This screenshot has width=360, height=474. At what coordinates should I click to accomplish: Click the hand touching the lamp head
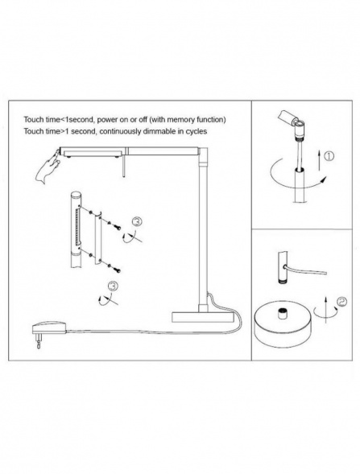tap(48, 167)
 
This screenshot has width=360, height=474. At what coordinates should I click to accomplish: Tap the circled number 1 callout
tap(329, 156)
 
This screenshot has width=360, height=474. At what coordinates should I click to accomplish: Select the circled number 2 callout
tap(342, 302)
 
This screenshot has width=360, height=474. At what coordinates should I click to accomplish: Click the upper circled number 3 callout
tap(137, 222)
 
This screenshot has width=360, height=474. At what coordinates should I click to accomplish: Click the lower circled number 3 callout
tap(113, 286)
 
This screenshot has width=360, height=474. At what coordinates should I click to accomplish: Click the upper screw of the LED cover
tap(117, 226)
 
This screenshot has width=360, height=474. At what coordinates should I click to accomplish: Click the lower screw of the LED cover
tap(117, 269)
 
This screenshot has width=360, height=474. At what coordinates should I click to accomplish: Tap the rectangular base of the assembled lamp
tap(203, 317)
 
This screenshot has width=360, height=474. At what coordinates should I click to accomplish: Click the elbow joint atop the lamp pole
tap(204, 155)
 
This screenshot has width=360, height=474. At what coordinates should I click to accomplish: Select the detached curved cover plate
tap(97, 237)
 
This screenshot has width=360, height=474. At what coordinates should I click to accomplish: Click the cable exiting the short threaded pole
tap(305, 270)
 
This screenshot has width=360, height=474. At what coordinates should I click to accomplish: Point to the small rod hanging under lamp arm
tap(123, 167)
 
